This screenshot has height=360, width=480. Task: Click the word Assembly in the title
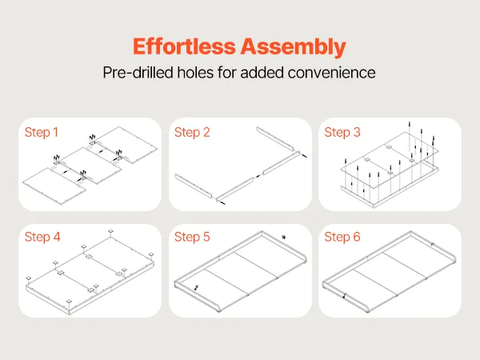293,47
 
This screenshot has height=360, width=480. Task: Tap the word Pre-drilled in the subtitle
138,73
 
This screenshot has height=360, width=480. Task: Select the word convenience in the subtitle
331,73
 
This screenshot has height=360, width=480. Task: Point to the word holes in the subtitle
195,73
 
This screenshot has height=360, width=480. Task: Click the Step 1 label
42,132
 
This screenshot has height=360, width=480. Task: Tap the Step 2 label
192,132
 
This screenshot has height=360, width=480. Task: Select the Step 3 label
342,132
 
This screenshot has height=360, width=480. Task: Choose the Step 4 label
42,237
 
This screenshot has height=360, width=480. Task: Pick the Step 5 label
192,237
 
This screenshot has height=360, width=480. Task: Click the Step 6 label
342,237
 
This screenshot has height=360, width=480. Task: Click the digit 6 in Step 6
357,237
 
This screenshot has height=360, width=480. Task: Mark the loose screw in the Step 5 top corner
284,237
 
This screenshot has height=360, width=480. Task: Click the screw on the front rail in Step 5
197,288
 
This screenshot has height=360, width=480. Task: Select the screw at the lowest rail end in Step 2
221,202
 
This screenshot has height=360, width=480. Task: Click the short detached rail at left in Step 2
194,186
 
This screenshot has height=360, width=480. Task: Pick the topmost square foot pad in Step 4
111,231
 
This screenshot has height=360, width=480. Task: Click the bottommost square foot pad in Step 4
69,302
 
